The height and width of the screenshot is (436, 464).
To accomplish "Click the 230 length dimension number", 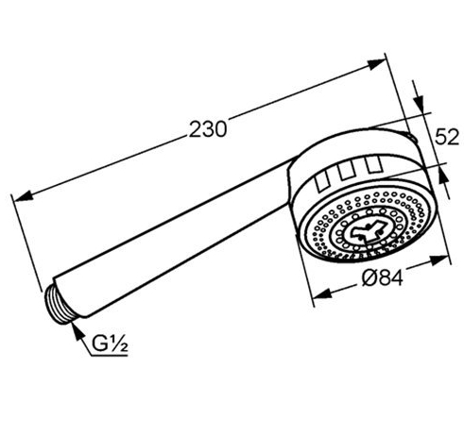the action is pos(208,129).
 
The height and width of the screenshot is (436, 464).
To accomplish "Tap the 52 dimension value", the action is pos(447,137).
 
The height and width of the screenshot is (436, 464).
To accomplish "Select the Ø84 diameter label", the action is pos(382,278).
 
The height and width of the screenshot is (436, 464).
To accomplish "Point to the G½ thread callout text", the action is pos(110,344).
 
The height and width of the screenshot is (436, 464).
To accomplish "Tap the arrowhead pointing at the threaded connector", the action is pos(77,330).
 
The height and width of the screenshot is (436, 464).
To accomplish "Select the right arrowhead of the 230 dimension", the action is pos(376,64).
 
